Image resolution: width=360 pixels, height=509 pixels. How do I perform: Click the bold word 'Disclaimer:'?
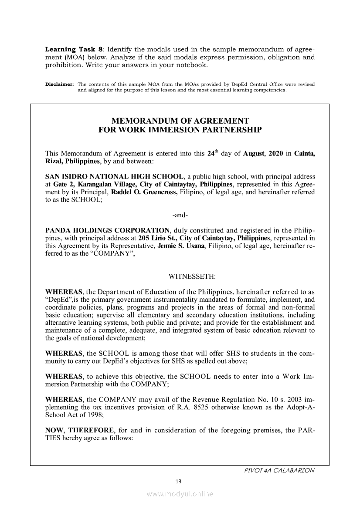click(x=60, y=84)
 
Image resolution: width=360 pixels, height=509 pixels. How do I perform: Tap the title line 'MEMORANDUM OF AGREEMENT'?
click(x=180, y=121)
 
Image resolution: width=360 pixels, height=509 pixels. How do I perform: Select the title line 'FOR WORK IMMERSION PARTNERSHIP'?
click(x=180, y=130)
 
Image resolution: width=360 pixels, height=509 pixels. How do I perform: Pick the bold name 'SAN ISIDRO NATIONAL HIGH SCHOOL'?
click(x=114, y=177)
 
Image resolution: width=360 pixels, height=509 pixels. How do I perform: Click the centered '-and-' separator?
click(x=180, y=216)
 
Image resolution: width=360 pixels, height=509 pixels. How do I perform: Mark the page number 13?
click(x=178, y=481)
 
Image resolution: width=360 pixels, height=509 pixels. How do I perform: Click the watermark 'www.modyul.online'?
click(x=180, y=494)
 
